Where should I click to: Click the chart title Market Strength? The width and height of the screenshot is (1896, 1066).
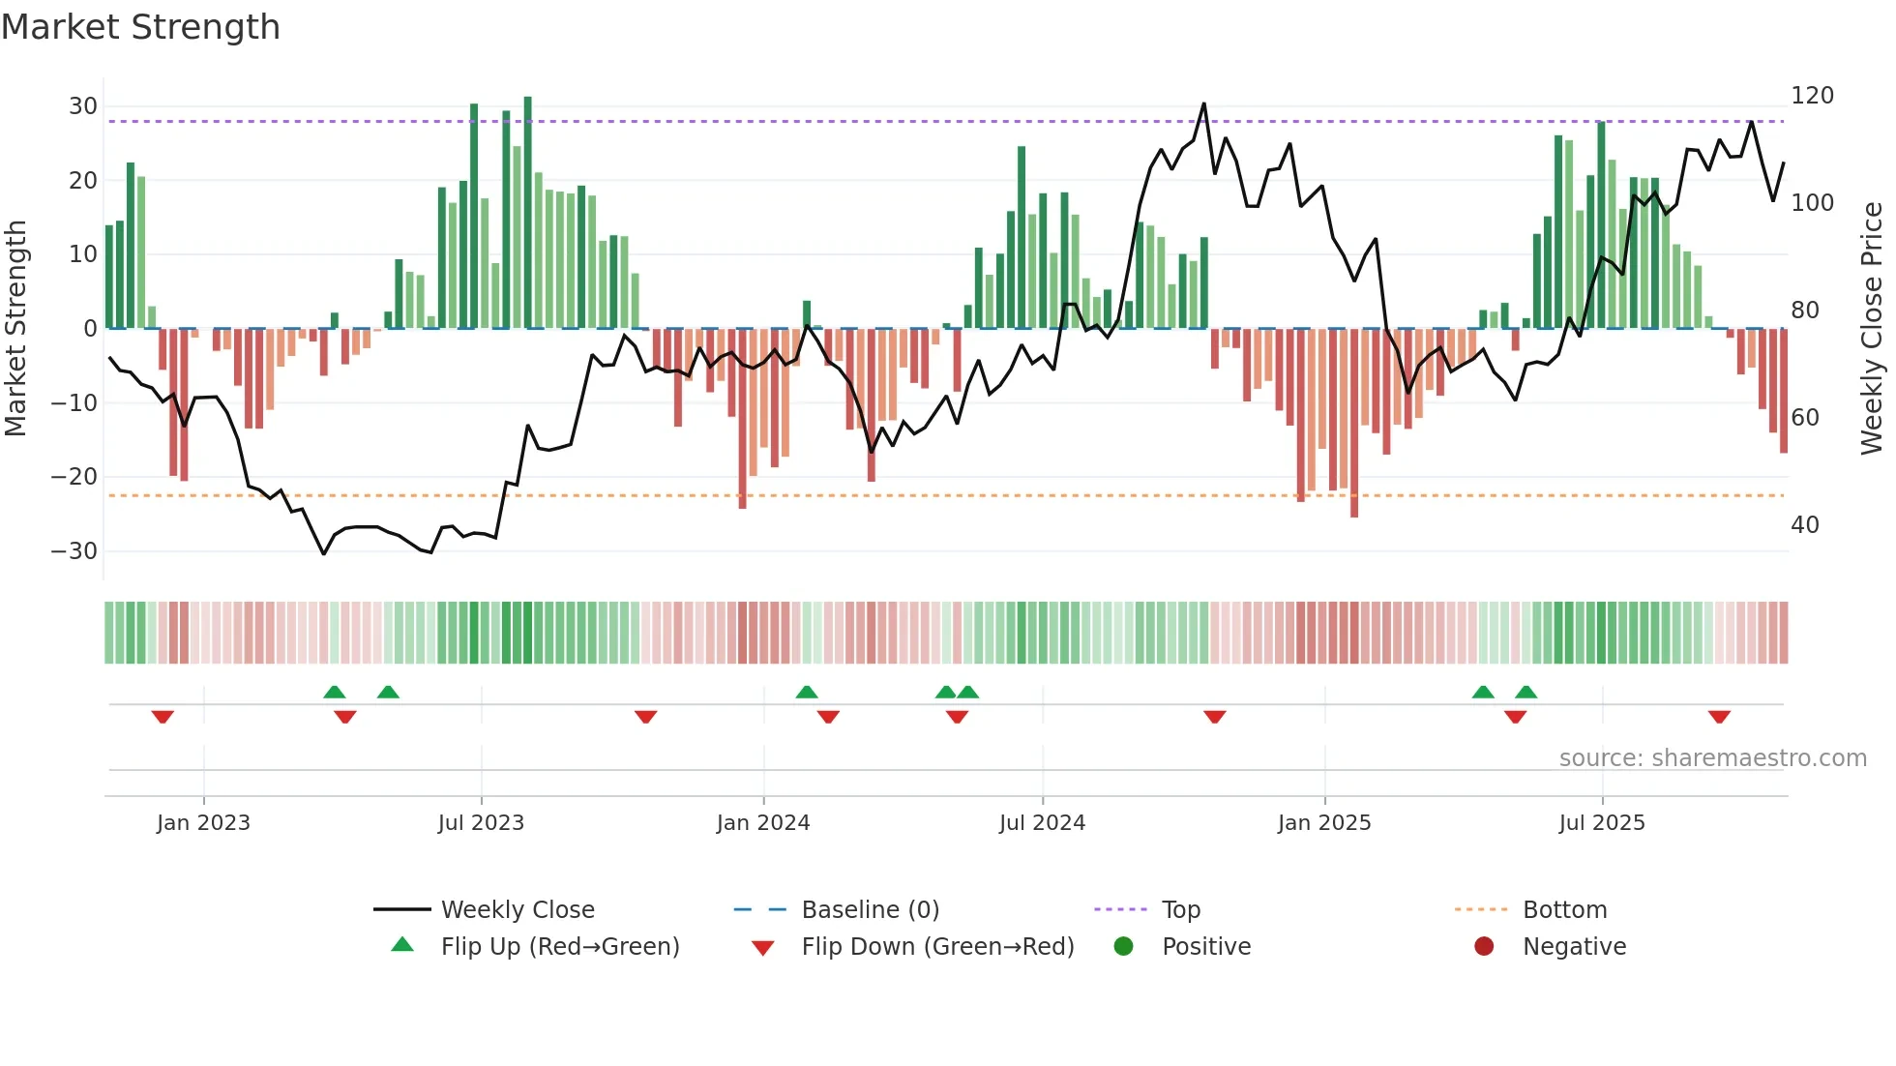click(140, 27)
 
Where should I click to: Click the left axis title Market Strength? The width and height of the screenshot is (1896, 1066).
click(16, 328)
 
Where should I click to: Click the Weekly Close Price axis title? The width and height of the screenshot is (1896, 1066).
click(1872, 328)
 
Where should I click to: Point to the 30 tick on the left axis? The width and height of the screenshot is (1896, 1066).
click(83, 106)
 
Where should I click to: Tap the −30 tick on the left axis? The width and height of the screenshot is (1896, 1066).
click(74, 551)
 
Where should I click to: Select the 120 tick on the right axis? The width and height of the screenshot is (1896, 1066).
click(1812, 96)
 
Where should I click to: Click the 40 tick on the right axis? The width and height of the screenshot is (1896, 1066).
click(1805, 525)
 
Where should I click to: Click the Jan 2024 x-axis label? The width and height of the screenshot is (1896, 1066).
click(763, 823)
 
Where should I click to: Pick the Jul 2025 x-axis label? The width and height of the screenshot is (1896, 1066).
click(1602, 823)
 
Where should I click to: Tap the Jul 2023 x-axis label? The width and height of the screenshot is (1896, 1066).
click(481, 823)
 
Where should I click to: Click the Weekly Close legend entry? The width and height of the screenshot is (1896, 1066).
click(517, 910)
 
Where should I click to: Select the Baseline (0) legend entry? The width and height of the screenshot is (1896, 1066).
click(870, 910)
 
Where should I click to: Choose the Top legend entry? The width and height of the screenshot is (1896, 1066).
click(1180, 910)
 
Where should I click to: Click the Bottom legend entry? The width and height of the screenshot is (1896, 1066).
click(1564, 910)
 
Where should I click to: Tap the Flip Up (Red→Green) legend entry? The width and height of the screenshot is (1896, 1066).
click(559, 947)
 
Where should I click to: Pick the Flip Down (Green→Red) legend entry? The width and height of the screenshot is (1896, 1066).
click(936, 947)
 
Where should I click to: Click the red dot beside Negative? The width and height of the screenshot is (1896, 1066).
click(1484, 947)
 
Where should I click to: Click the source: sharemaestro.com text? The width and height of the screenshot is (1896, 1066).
click(1712, 758)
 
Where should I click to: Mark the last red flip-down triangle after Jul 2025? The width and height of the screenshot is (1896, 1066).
click(1719, 717)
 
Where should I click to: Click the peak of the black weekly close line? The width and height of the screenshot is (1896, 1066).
click(1203, 104)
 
